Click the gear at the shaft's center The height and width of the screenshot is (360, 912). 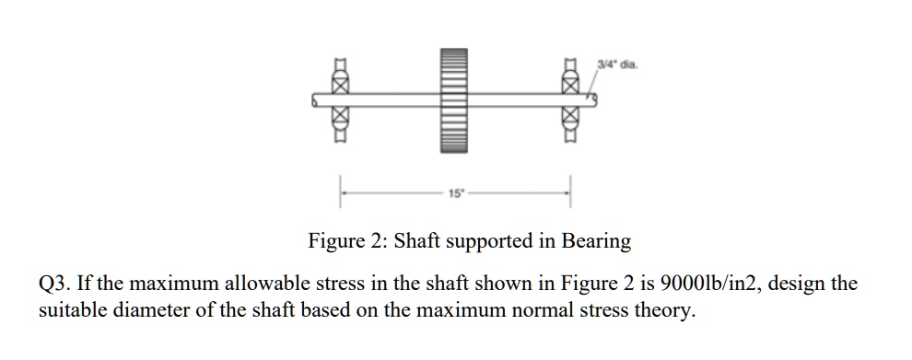click(456, 99)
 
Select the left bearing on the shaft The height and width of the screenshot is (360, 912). click(340, 99)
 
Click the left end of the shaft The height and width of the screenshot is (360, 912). click(316, 99)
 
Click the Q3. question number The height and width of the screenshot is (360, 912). click(53, 285)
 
